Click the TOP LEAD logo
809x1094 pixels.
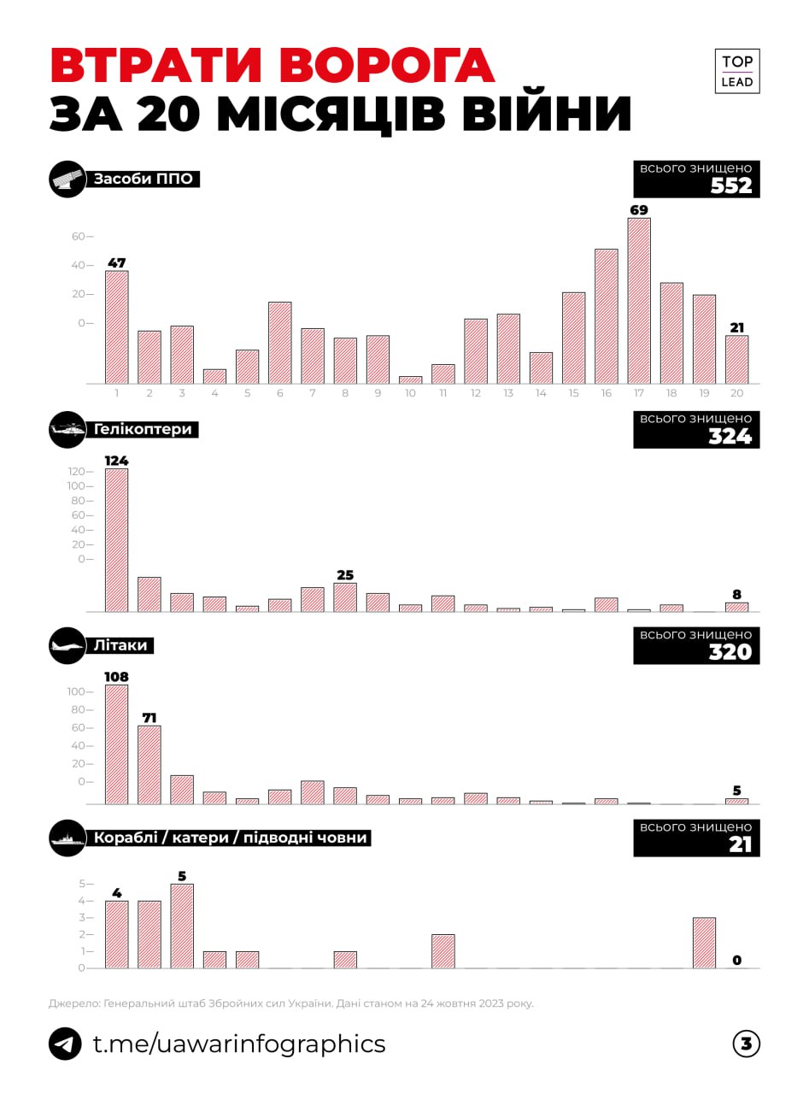(736, 71)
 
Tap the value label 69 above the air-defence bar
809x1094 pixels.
(638, 209)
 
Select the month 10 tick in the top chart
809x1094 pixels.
(410, 393)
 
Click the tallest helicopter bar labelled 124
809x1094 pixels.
(117, 539)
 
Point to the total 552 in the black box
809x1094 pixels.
(731, 185)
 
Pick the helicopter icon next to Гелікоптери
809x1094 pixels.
(67, 430)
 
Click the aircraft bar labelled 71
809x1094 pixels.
(149, 764)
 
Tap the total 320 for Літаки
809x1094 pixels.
(730, 652)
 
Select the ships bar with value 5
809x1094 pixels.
(182, 926)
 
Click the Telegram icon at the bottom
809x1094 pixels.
(66, 1044)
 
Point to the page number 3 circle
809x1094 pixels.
(746, 1044)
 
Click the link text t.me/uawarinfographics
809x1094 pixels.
(239, 1044)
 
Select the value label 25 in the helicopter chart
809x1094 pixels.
(345, 575)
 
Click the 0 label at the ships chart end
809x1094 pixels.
(736, 961)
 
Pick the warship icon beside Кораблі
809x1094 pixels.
(67, 838)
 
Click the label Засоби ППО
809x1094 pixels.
(143, 179)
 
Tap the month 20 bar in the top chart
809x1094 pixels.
(736, 359)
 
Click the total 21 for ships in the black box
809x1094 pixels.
(740, 844)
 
